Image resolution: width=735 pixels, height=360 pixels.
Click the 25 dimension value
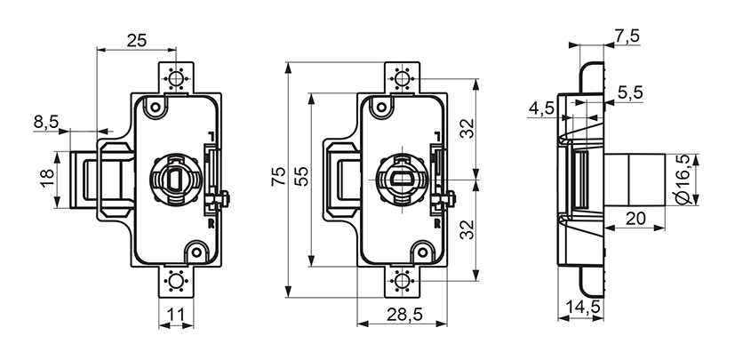coord(136,40)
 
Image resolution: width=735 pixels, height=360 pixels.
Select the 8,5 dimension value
coord(46,121)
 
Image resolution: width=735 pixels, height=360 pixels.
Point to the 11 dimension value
coord(175,315)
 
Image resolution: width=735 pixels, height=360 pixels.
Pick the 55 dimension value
coord(300,178)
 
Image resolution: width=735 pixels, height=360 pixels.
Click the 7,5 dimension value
coord(627,36)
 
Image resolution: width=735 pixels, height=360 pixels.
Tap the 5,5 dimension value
coord(630,91)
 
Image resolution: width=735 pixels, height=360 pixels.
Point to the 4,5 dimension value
coord(541,108)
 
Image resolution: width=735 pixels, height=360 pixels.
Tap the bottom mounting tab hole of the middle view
coord(403,282)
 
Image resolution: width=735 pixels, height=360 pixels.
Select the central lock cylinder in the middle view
coord(403,175)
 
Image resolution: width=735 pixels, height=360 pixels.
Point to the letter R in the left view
coord(211,224)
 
